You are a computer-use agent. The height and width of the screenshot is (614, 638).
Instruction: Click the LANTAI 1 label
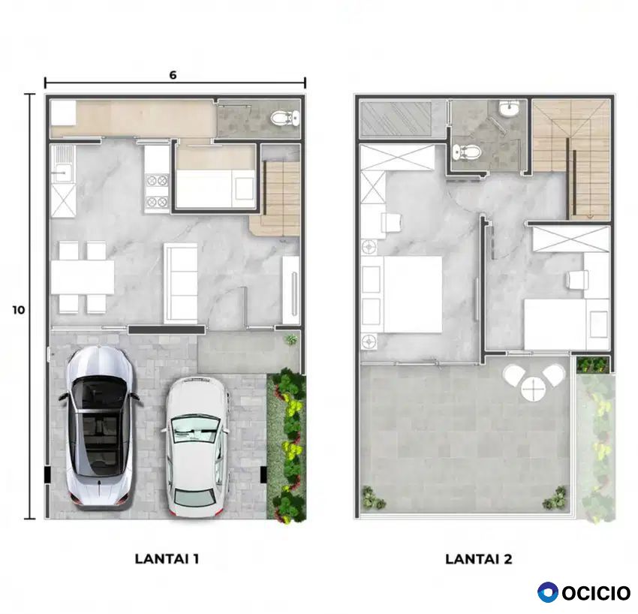click(167, 558)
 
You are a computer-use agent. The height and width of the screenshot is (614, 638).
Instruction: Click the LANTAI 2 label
click(479, 558)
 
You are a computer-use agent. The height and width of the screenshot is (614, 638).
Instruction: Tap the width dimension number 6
click(173, 75)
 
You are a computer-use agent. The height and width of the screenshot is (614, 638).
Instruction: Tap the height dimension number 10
click(18, 310)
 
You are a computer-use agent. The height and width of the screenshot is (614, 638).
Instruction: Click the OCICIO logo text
click(596, 593)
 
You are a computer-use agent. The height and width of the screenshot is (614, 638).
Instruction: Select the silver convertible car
click(100, 427)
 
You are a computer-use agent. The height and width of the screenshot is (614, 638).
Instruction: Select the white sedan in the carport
click(195, 447)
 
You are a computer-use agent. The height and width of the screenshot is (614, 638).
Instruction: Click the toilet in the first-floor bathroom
click(285, 119)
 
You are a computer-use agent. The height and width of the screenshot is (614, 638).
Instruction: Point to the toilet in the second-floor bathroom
click(467, 152)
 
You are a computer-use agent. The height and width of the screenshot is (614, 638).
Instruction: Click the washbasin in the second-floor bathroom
click(509, 108)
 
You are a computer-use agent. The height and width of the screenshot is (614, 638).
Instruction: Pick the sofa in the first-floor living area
click(181, 283)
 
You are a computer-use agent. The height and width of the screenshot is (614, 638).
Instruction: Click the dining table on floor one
click(83, 277)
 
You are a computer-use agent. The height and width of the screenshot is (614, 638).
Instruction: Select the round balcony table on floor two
click(532, 388)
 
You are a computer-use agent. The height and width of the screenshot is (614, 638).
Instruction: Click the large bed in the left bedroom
click(412, 294)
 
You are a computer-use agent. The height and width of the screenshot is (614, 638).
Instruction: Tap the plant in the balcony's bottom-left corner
click(373, 498)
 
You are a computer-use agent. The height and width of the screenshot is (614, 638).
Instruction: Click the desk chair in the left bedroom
click(392, 223)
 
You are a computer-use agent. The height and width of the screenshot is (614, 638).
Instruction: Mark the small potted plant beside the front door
click(291, 339)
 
